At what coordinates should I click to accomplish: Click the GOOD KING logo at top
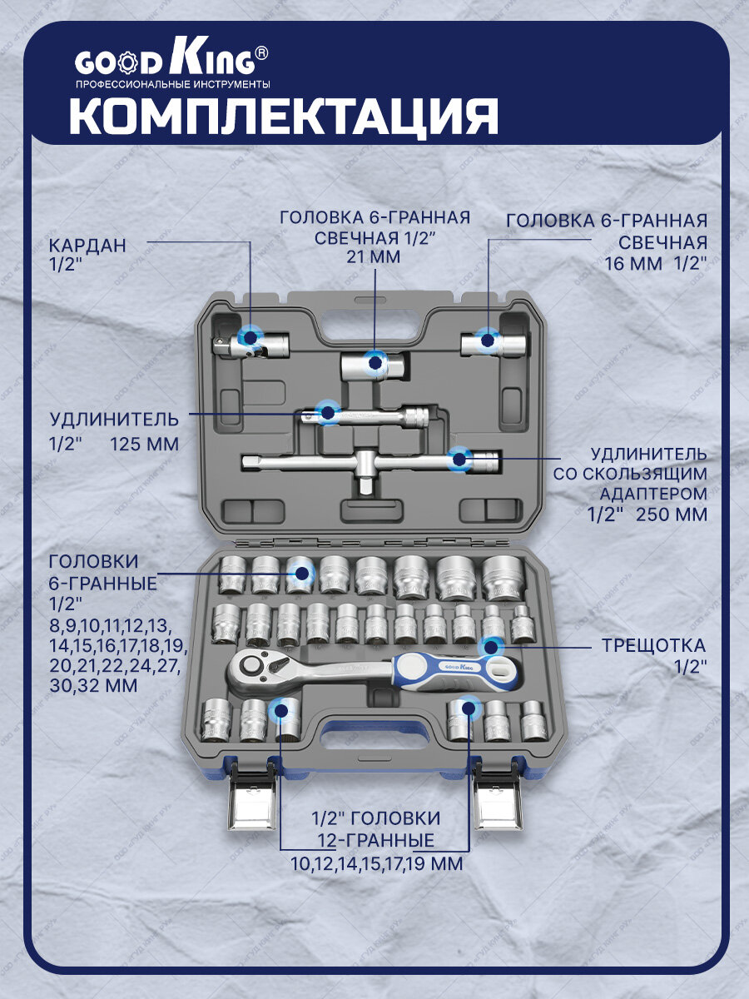pyautogui.click(x=171, y=61)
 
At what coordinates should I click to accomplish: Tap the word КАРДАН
pyautogui.click(x=87, y=246)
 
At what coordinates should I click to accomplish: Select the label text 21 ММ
pyautogui.click(x=374, y=258)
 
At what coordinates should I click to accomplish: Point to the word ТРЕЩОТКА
pyautogui.click(x=654, y=645)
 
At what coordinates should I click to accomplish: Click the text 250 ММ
pyautogui.click(x=672, y=514)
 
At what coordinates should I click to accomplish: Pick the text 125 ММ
pyautogui.click(x=144, y=444)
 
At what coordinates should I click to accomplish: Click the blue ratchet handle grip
pyautogui.click(x=449, y=670)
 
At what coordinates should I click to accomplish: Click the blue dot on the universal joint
pyautogui.click(x=248, y=337)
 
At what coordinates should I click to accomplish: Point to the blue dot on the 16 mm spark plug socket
pyautogui.click(x=487, y=340)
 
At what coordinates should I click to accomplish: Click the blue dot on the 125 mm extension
pyautogui.click(x=326, y=410)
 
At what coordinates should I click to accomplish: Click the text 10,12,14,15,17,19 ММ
pyautogui.click(x=377, y=864)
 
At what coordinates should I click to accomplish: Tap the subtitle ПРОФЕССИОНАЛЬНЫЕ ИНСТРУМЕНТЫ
pyautogui.click(x=173, y=84)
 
